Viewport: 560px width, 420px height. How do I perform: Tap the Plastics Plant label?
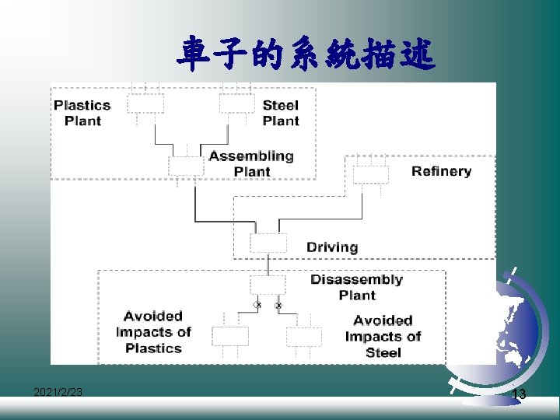tap(82, 113)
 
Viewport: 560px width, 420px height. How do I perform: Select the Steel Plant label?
tap(281, 113)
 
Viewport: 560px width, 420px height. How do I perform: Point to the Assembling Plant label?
tap(251, 163)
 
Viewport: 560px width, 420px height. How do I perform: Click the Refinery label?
tap(441, 171)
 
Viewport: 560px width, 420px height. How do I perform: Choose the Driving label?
tap(332, 247)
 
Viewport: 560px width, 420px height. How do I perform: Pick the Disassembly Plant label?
tap(357, 287)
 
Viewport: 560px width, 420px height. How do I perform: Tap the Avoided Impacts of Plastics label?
tap(153, 332)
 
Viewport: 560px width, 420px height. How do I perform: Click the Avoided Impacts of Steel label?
tap(383, 336)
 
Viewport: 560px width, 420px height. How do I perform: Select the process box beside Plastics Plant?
tap(145, 104)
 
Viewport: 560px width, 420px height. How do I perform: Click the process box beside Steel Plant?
tap(236, 103)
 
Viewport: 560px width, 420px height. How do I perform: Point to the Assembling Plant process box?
tap(187, 166)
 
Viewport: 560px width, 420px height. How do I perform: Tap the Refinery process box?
tap(371, 174)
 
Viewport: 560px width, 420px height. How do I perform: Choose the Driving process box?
tap(268, 243)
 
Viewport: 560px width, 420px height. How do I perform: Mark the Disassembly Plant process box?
tap(268, 285)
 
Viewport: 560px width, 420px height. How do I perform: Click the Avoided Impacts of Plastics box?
tap(230, 336)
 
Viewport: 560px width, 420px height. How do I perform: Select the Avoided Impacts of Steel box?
tap(303, 337)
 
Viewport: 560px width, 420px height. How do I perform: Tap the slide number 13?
tap(519, 395)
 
